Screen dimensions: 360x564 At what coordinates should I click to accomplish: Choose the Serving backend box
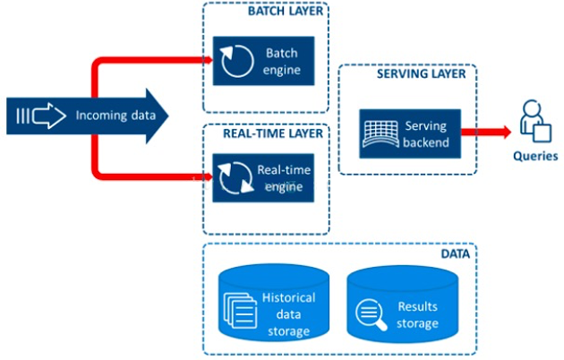(407, 133)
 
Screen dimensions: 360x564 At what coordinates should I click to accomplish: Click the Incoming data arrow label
(107, 115)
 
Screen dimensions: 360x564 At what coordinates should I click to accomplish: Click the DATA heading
(457, 253)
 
